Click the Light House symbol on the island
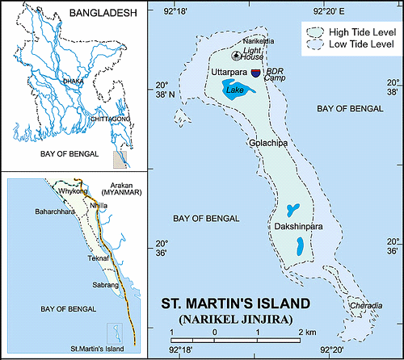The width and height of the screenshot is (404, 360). point(236,56)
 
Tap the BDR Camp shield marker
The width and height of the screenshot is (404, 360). point(256,73)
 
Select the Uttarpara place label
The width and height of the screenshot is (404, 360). point(229,73)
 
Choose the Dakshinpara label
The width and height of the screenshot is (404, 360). point(297,228)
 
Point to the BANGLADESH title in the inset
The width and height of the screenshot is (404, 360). point(100,13)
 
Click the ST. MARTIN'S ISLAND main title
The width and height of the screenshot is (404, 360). point(236,304)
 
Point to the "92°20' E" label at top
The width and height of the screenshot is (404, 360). point(335,12)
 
